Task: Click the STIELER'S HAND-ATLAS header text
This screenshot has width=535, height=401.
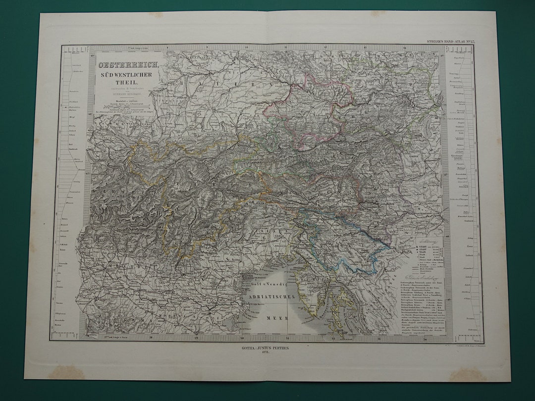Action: [x=450, y=41]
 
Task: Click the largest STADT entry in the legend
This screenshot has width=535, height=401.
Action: [x=411, y=247]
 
